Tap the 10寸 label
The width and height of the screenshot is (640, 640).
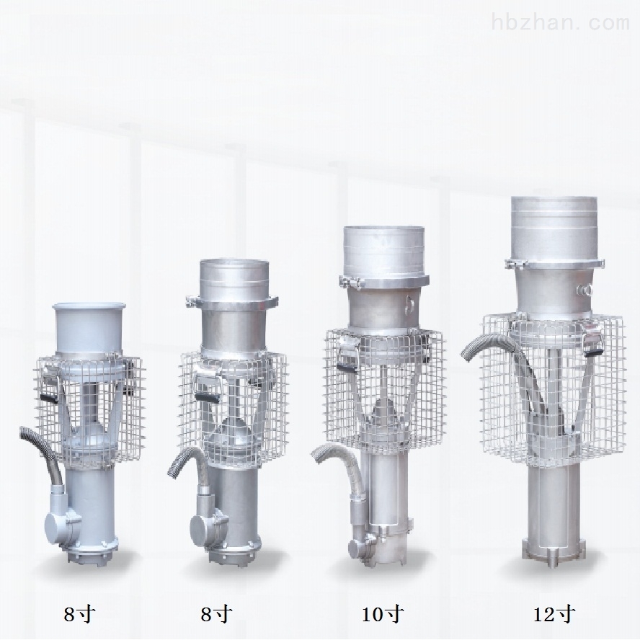point(383,614)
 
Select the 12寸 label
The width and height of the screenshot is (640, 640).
point(555,614)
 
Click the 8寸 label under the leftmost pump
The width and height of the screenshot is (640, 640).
point(79,614)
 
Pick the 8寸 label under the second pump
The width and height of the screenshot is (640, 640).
point(217,614)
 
